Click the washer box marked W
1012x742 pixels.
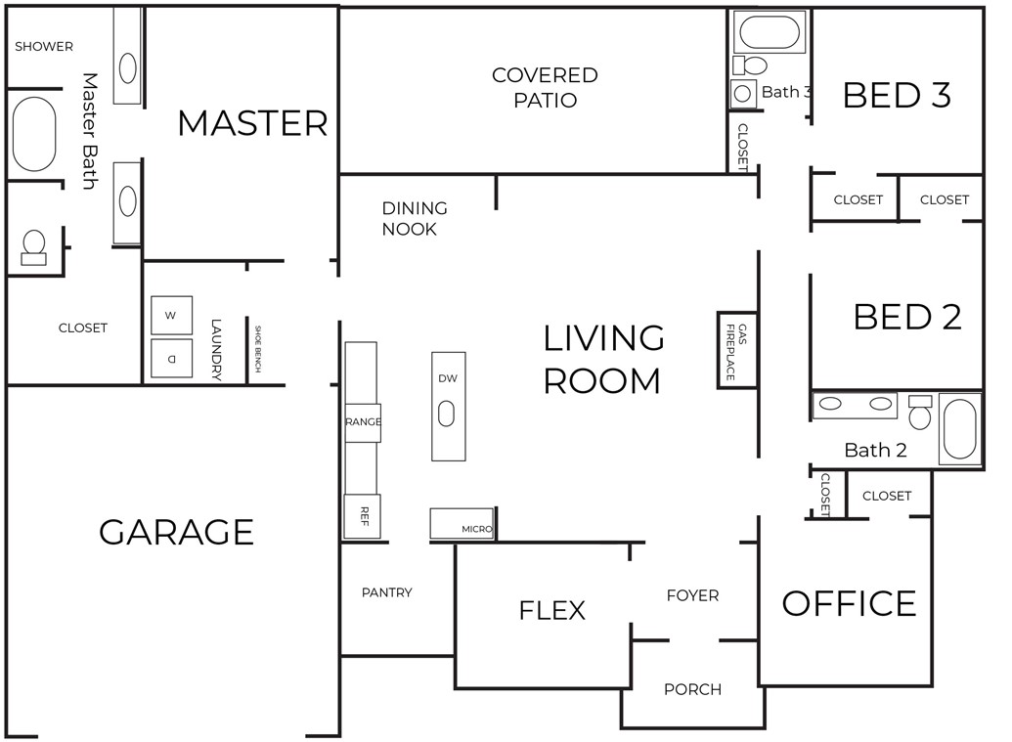pyautogui.click(x=172, y=315)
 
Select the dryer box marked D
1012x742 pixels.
pyautogui.click(x=172, y=358)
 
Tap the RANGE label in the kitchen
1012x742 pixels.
pyautogui.click(x=363, y=422)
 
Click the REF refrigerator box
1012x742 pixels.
pyautogui.click(x=363, y=515)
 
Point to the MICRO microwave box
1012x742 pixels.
pyautogui.click(x=462, y=524)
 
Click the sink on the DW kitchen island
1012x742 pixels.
pyautogui.click(x=446, y=414)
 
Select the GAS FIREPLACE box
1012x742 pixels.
pyautogui.click(x=737, y=350)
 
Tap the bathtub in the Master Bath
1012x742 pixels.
pyautogui.click(x=34, y=134)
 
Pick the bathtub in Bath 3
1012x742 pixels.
pyautogui.click(x=770, y=31)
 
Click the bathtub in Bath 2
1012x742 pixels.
pyautogui.click(x=959, y=429)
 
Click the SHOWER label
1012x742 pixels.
pyautogui.click(x=44, y=46)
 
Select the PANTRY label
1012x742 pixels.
pyautogui.click(x=387, y=592)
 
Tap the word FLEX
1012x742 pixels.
pyautogui.click(x=552, y=610)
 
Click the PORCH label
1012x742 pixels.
pyautogui.click(x=692, y=689)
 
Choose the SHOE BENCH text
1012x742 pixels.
pyautogui.click(x=258, y=349)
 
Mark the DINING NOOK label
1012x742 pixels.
pyautogui.click(x=415, y=219)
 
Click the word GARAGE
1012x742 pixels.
pyautogui.click(x=176, y=532)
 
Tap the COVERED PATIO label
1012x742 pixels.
pyautogui.click(x=545, y=87)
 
